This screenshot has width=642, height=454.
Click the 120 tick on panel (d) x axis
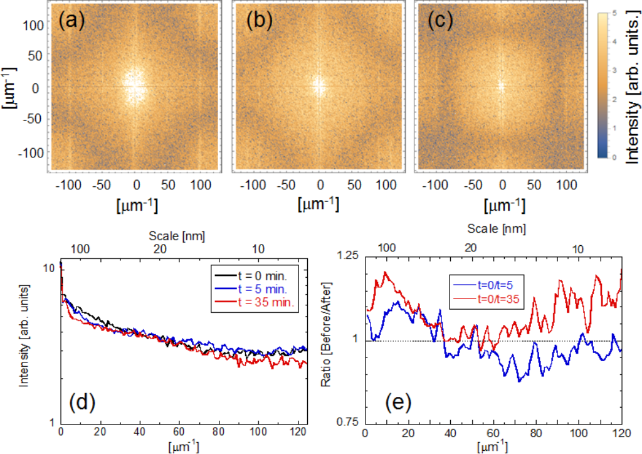(x=297, y=432)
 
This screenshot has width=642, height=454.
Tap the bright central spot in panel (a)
(x=134, y=86)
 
